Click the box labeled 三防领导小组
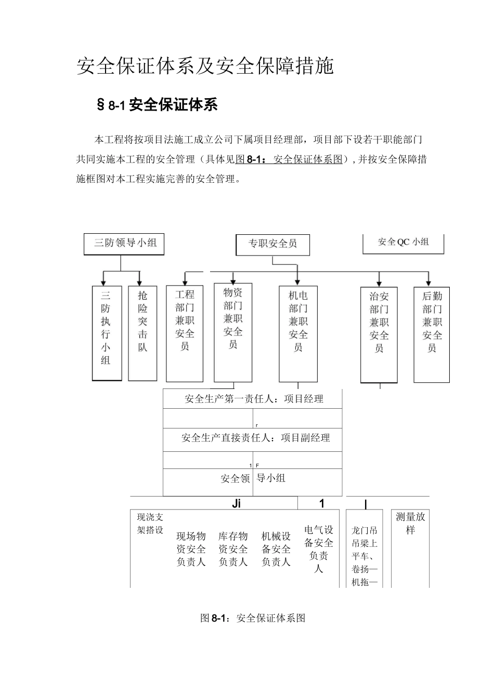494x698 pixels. coord(124,244)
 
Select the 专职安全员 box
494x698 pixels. coord(272,244)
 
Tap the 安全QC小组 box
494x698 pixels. coord(403,243)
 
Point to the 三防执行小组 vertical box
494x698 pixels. coord(106,332)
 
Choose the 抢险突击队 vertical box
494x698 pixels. coord(142,332)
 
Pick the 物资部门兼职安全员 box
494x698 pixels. coord(233,332)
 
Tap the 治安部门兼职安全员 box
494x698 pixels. coord(379,334)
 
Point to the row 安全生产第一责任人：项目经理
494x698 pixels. coord(254,399)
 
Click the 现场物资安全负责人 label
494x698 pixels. coord(191,549)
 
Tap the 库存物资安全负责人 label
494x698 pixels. coord(233,549)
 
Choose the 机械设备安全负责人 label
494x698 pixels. coord(276,549)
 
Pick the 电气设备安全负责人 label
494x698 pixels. coord(319,549)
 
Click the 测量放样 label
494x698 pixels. coord(410,523)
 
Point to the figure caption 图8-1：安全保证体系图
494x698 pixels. coord(253,618)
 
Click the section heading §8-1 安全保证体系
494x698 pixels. coord(157,105)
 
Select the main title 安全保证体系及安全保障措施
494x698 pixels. coord(205,66)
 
